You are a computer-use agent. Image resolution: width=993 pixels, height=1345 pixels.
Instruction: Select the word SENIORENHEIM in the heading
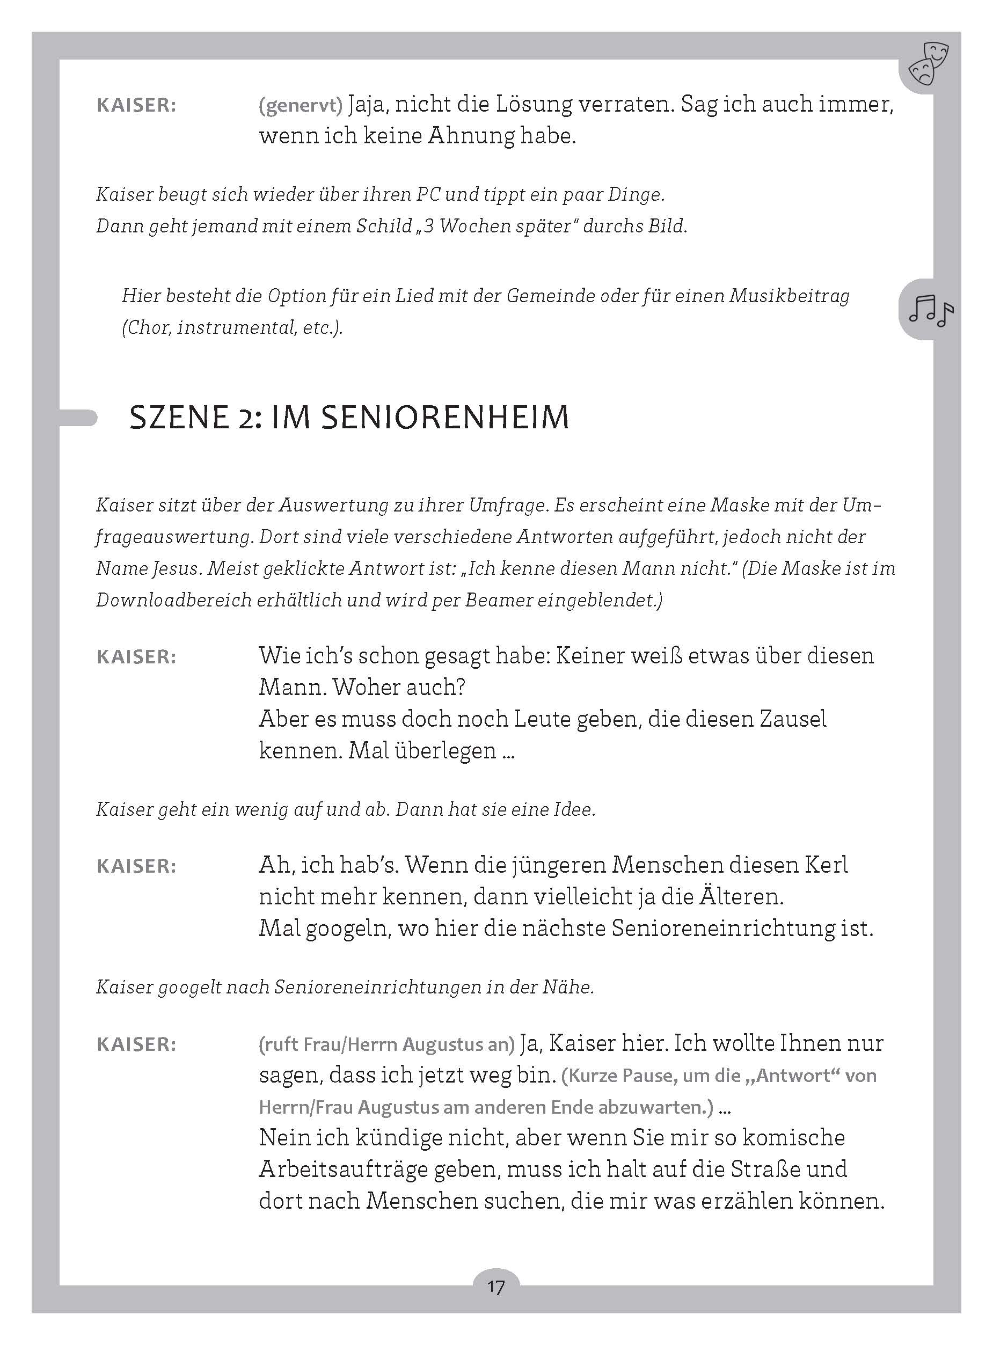click(x=445, y=418)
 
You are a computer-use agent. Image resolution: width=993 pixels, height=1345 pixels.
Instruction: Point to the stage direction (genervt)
click(x=301, y=106)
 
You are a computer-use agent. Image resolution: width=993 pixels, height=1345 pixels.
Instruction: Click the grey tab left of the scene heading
click(x=78, y=418)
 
